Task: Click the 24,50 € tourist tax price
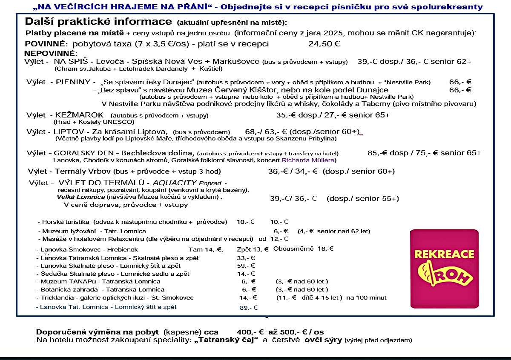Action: (x=324, y=43)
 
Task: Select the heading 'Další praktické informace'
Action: (x=99, y=22)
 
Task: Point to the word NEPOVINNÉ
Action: (x=50, y=53)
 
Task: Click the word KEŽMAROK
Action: (x=80, y=115)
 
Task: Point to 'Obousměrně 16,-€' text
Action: (x=303, y=249)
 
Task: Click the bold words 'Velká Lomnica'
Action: (x=81, y=197)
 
